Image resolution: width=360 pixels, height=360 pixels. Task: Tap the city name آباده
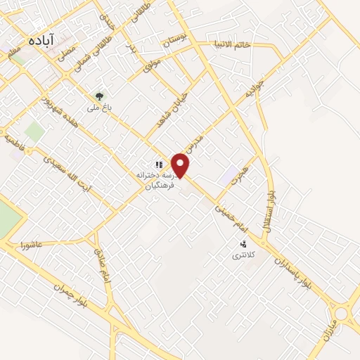click(42, 41)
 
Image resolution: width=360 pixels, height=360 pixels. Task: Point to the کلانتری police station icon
click(243, 244)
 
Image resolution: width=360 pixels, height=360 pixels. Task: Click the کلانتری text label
click(245, 255)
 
